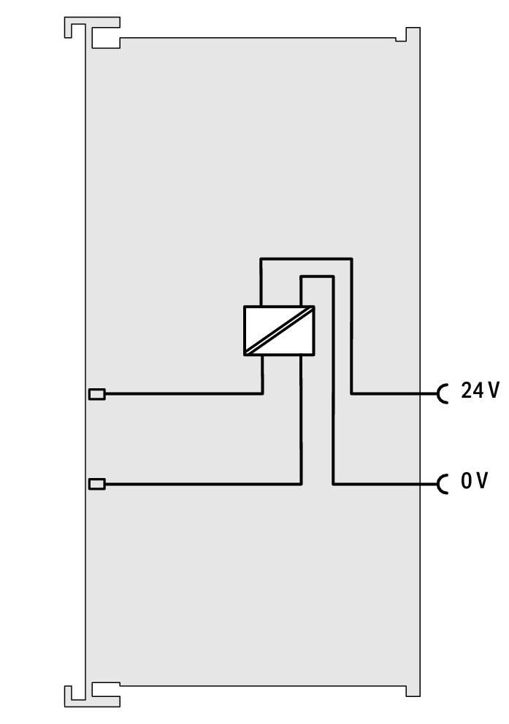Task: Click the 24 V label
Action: (x=480, y=390)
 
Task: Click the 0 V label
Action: (x=474, y=481)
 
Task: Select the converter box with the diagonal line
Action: (x=279, y=331)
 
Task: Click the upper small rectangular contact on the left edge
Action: (x=96, y=394)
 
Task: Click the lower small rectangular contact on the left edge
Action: (x=96, y=484)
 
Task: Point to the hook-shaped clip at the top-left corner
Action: (x=92, y=32)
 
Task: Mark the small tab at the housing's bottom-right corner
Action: (x=413, y=690)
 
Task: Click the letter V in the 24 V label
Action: (x=493, y=390)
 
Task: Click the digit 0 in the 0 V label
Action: (x=467, y=481)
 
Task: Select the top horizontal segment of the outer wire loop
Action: (x=306, y=258)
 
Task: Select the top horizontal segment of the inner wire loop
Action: (x=317, y=277)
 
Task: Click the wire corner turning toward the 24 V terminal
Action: (x=352, y=394)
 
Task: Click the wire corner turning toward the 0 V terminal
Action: (x=333, y=485)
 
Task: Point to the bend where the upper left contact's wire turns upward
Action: (x=262, y=394)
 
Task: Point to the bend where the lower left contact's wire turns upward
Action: (x=301, y=485)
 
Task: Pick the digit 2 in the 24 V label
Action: (x=466, y=390)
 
